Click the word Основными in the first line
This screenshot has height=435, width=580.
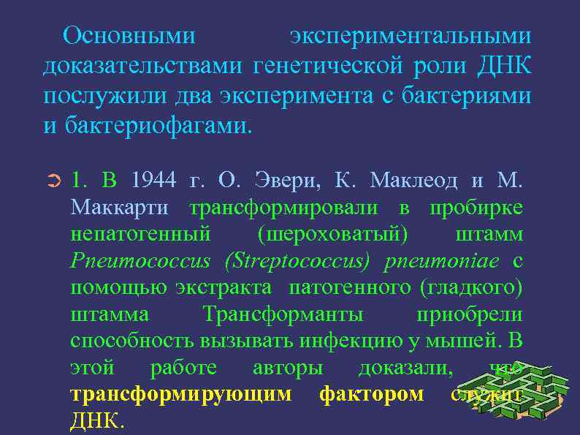pyautogui.click(x=129, y=35)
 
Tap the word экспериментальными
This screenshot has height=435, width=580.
pyautogui.click(x=410, y=35)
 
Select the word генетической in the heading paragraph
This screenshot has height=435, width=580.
pyautogui.click(x=327, y=66)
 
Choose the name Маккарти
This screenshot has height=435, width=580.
pyautogui.click(x=120, y=207)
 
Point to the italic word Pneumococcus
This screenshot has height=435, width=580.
pyautogui.click(x=140, y=261)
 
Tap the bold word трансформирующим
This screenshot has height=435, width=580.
pyautogui.click(x=180, y=395)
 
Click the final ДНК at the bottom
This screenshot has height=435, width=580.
pyautogui.click(x=97, y=422)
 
